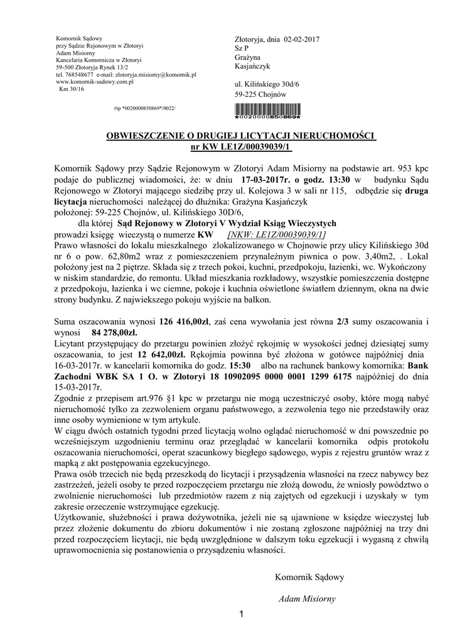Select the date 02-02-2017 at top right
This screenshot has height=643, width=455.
point(298,40)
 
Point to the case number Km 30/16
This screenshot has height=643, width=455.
point(71,89)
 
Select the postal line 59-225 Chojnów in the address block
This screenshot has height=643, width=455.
point(260,94)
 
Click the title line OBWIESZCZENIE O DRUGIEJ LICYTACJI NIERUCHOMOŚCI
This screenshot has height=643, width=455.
point(242,136)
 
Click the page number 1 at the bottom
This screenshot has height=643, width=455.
point(242,613)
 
